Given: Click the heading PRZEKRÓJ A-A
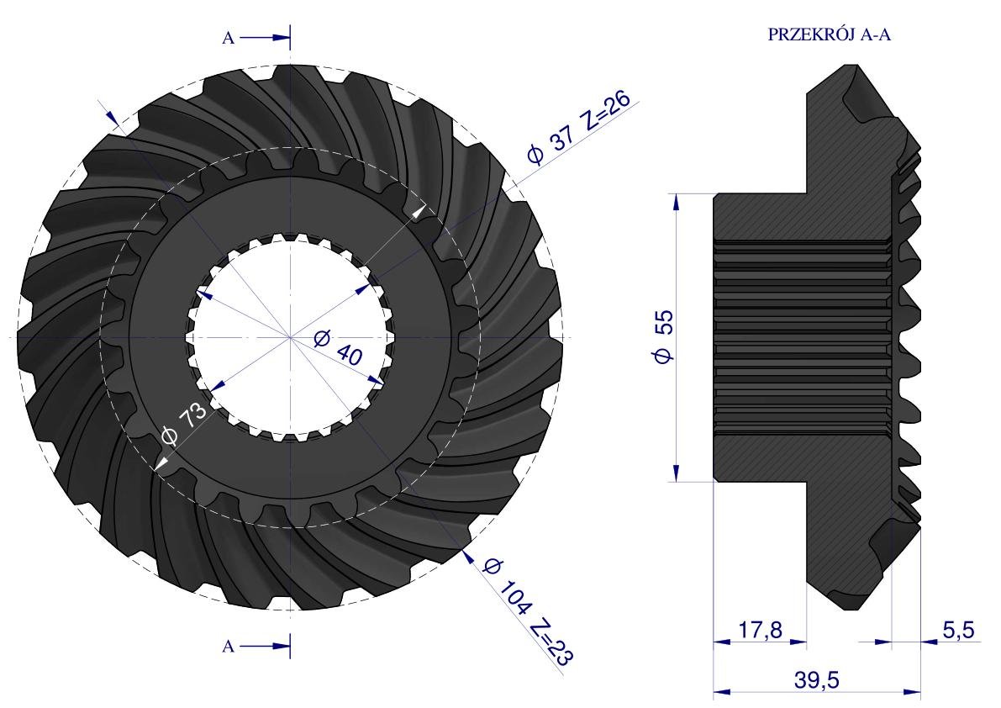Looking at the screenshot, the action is [x=829, y=34].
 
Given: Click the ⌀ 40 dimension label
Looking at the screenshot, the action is [x=339, y=346].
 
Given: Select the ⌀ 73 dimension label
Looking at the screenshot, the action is [x=185, y=423].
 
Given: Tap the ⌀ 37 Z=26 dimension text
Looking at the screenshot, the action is [x=577, y=128].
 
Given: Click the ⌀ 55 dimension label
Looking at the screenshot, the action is [x=664, y=336].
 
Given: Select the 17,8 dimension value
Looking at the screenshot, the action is [x=761, y=630].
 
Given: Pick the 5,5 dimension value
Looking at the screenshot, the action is [x=959, y=630].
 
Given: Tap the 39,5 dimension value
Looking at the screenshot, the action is [x=817, y=680].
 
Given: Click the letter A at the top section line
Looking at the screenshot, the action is [x=228, y=39].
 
